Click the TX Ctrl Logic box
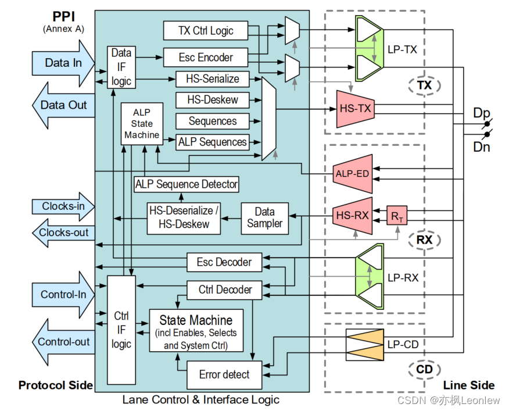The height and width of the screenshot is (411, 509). point(205,30)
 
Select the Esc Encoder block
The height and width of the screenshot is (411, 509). point(205,57)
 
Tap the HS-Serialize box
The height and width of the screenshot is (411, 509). point(212,78)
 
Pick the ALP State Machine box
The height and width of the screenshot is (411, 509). point(142,123)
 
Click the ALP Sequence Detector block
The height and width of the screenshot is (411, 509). point(187,184)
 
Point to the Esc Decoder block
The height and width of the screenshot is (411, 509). point(224,262)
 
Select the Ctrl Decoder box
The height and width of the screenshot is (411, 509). point(224,290)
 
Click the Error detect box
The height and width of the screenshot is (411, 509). point(224,374)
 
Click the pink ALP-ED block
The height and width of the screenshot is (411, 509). point(352,173)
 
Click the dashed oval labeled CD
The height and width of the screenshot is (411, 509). point(424,369)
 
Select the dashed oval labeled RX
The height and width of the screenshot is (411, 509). point(424,240)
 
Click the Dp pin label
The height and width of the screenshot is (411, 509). point(481,113)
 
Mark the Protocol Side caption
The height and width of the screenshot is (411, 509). point(55,385)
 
